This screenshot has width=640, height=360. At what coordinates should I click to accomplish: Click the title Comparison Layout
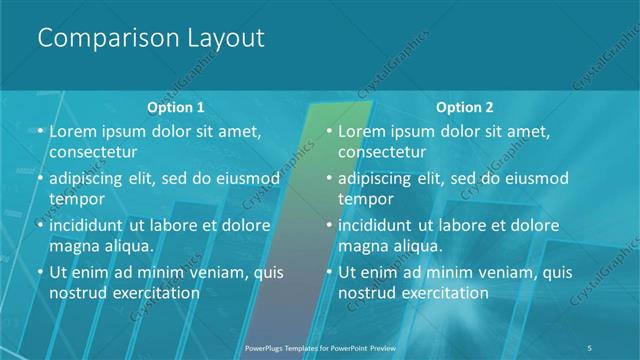[151, 39]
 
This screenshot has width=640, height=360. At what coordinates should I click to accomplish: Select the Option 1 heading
[176, 107]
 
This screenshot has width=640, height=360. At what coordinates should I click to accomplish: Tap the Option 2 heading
[465, 107]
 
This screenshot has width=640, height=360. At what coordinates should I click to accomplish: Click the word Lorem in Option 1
[72, 131]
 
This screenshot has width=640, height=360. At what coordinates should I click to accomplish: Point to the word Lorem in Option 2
[362, 131]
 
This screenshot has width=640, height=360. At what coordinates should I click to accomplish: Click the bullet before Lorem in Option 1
[38, 132]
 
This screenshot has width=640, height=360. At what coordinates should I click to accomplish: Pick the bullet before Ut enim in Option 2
[328, 272]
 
